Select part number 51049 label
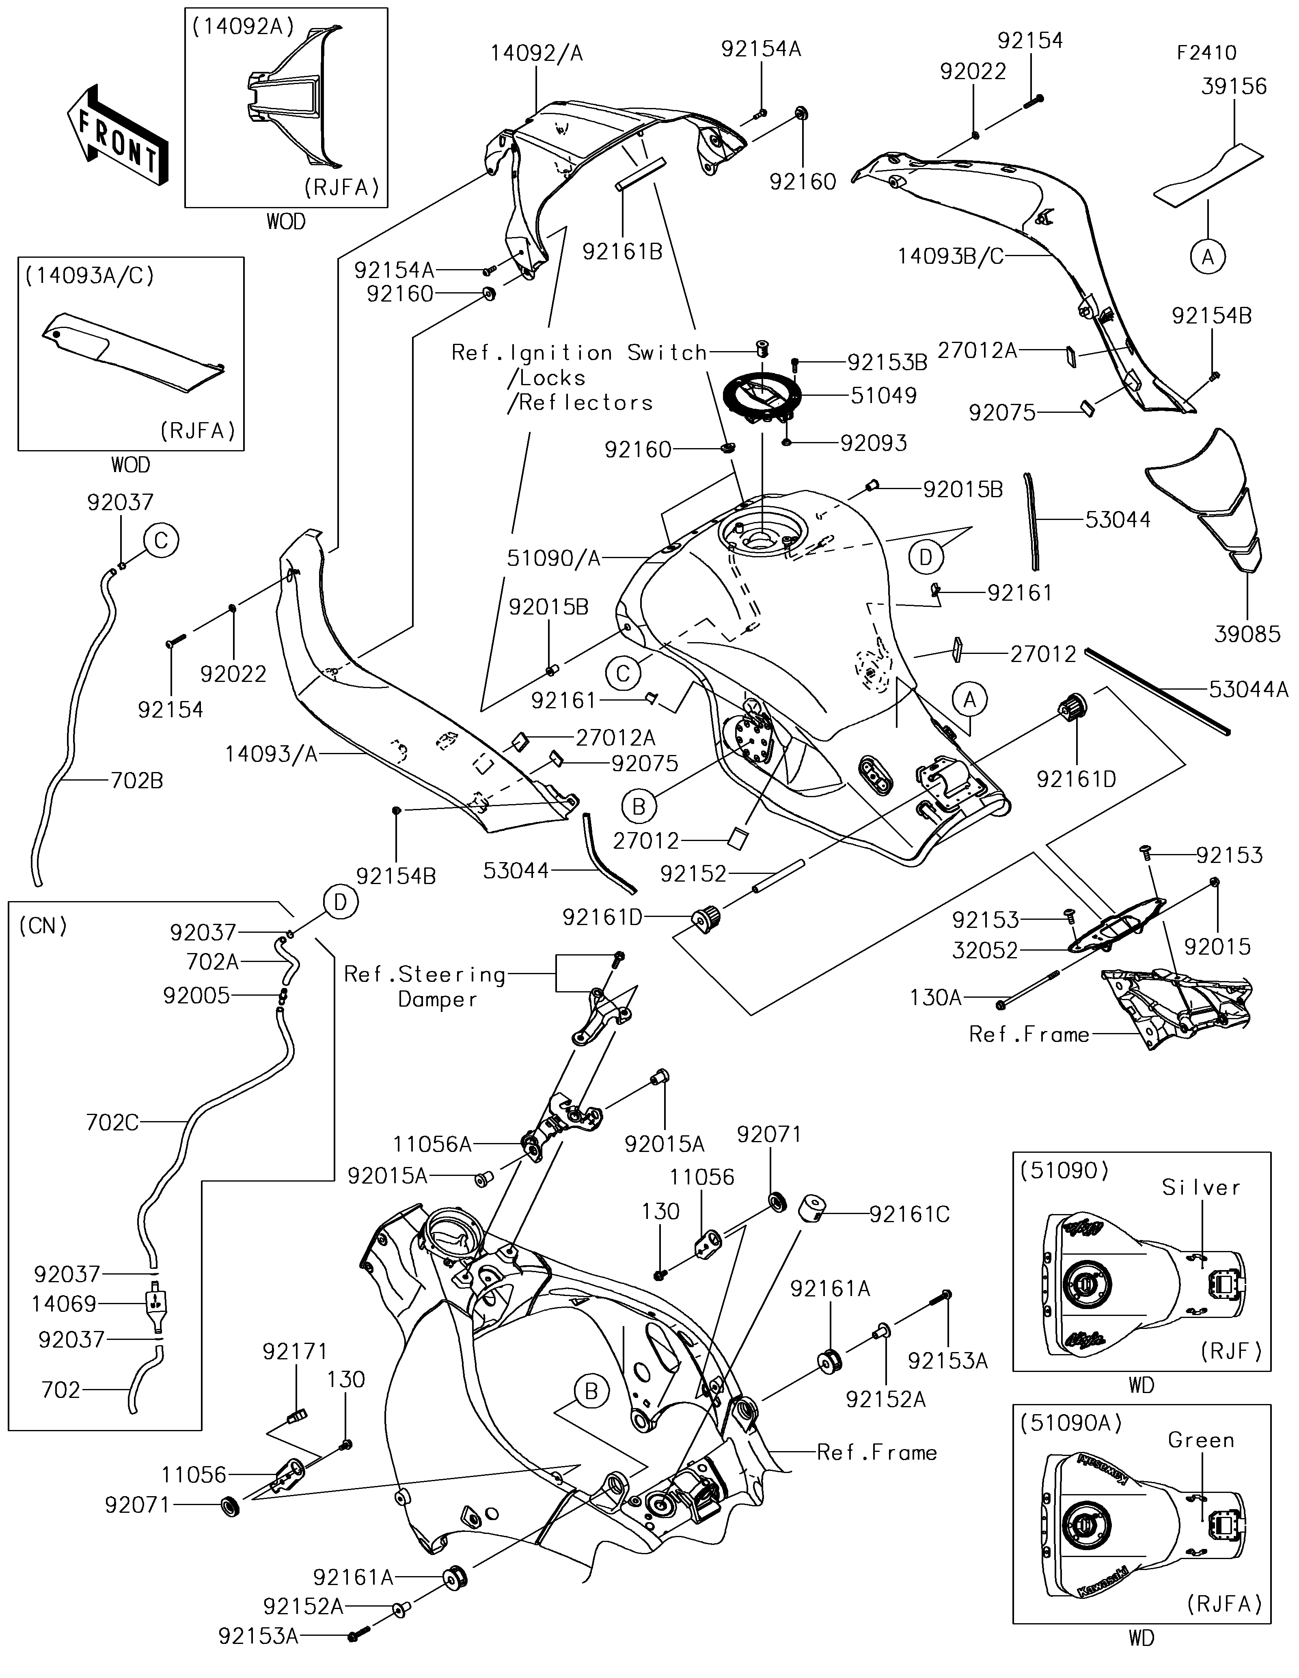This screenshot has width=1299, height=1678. tap(883, 396)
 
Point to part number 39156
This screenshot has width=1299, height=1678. tap(1234, 86)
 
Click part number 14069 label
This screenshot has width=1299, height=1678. tap(64, 1304)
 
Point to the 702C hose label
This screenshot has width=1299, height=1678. tap(112, 1122)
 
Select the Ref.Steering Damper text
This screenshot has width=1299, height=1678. tap(425, 986)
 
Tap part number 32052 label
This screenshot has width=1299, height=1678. tap(985, 950)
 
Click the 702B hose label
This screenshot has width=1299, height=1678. tap(136, 781)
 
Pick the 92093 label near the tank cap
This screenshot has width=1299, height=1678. tap(874, 443)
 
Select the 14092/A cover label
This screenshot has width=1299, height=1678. tap(537, 53)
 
